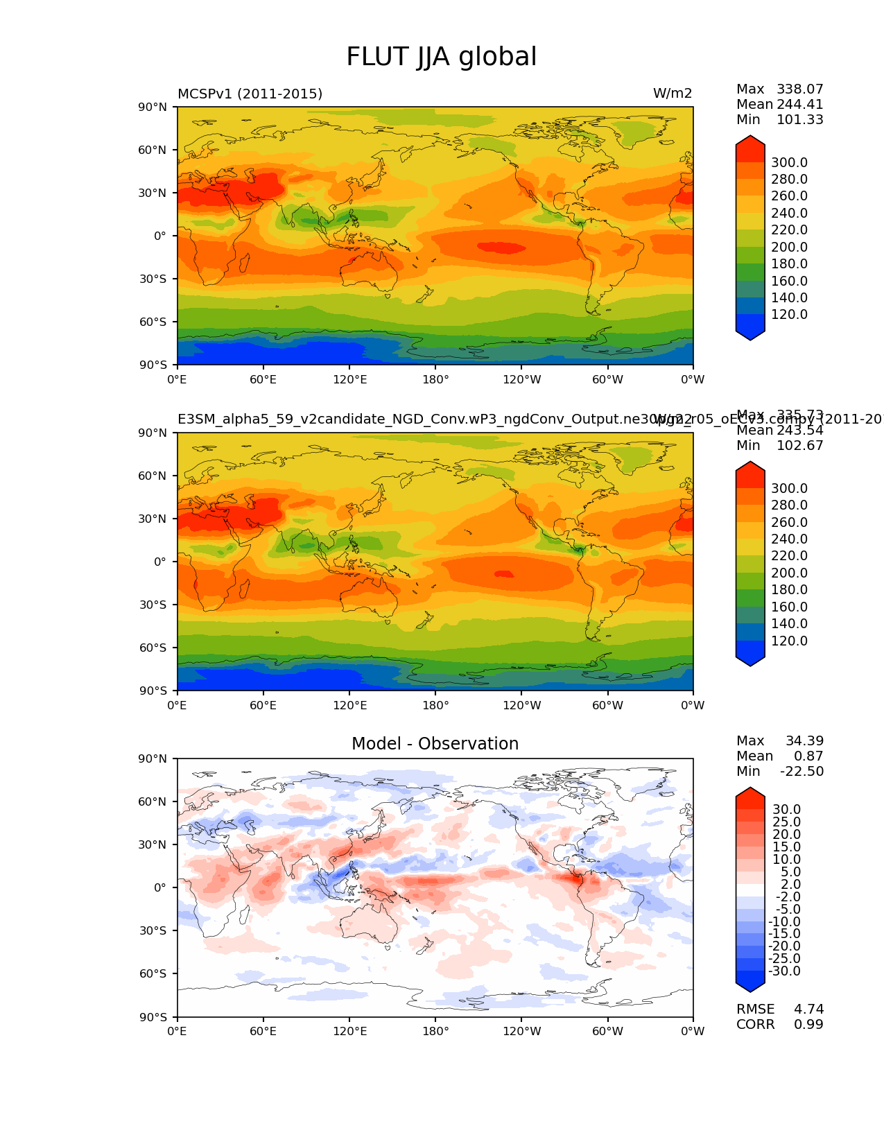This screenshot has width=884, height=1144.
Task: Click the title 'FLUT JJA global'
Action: [x=441, y=57]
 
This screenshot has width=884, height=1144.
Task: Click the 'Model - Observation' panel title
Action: [x=435, y=744]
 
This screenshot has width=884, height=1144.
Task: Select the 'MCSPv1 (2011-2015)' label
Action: [x=250, y=94]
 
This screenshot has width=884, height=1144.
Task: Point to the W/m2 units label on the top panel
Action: [x=672, y=94]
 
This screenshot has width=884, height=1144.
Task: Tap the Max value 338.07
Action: [x=799, y=89]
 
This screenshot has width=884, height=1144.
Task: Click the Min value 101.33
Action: [x=799, y=119]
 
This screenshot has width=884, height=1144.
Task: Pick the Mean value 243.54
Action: [x=799, y=430]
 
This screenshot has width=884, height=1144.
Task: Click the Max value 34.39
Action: [x=804, y=740]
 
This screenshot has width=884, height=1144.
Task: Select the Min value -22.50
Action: [x=801, y=771]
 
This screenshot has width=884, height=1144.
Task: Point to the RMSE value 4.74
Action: [x=808, y=1009]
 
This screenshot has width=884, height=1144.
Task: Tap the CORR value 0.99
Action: [x=808, y=1024]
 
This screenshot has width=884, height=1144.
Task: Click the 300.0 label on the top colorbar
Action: [x=789, y=163]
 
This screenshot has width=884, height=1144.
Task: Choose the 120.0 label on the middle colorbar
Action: [x=789, y=641]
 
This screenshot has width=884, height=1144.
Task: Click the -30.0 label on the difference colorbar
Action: [x=784, y=971]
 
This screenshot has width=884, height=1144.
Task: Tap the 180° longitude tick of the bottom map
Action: [x=435, y=1031]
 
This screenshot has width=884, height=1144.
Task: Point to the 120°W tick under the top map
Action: [x=521, y=379]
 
